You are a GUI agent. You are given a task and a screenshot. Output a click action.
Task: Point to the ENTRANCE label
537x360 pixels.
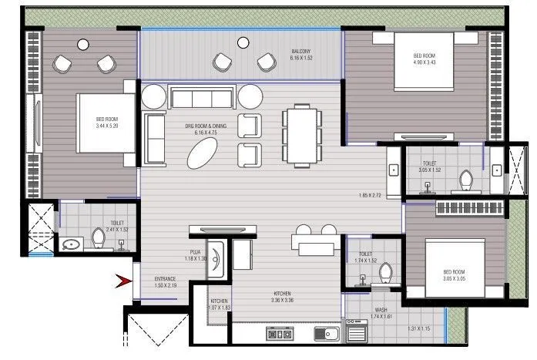click(x=166, y=281)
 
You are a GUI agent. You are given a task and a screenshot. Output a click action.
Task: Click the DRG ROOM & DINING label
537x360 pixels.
click(x=204, y=128)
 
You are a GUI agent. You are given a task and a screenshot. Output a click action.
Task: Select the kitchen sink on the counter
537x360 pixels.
click(x=328, y=335)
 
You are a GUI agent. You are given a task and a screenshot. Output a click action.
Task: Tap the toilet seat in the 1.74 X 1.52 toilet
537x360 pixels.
click(x=387, y=274)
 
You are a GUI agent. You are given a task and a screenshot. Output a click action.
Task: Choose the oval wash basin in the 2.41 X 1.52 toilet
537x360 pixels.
click(x=72, y=245)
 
